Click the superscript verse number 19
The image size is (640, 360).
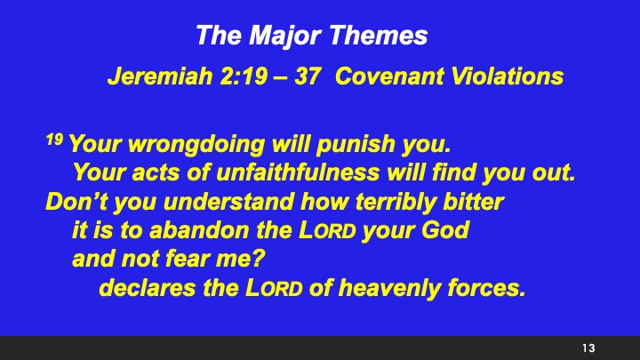click(54, 140)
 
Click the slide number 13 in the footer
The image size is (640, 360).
click(588, 347)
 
